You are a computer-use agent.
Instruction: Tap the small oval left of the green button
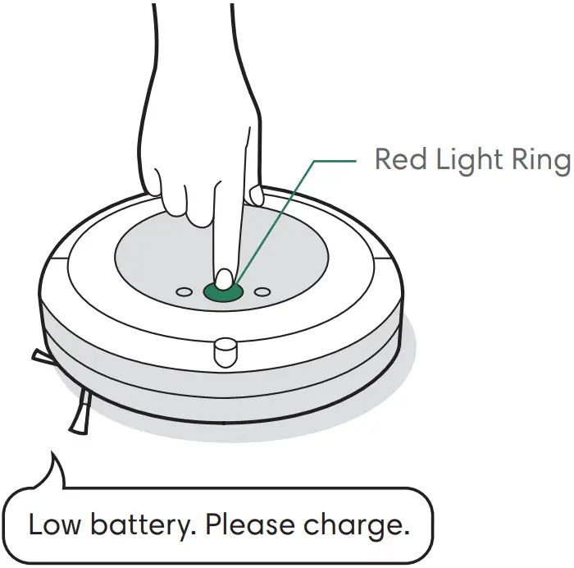(x=184, y=291)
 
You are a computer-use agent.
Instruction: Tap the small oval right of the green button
(x=262, y=291)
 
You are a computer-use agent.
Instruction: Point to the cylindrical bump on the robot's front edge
(x=224, y=352)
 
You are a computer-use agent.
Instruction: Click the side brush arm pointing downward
(x=80, y=410)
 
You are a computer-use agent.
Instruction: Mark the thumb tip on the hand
(x=256, y=196)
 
